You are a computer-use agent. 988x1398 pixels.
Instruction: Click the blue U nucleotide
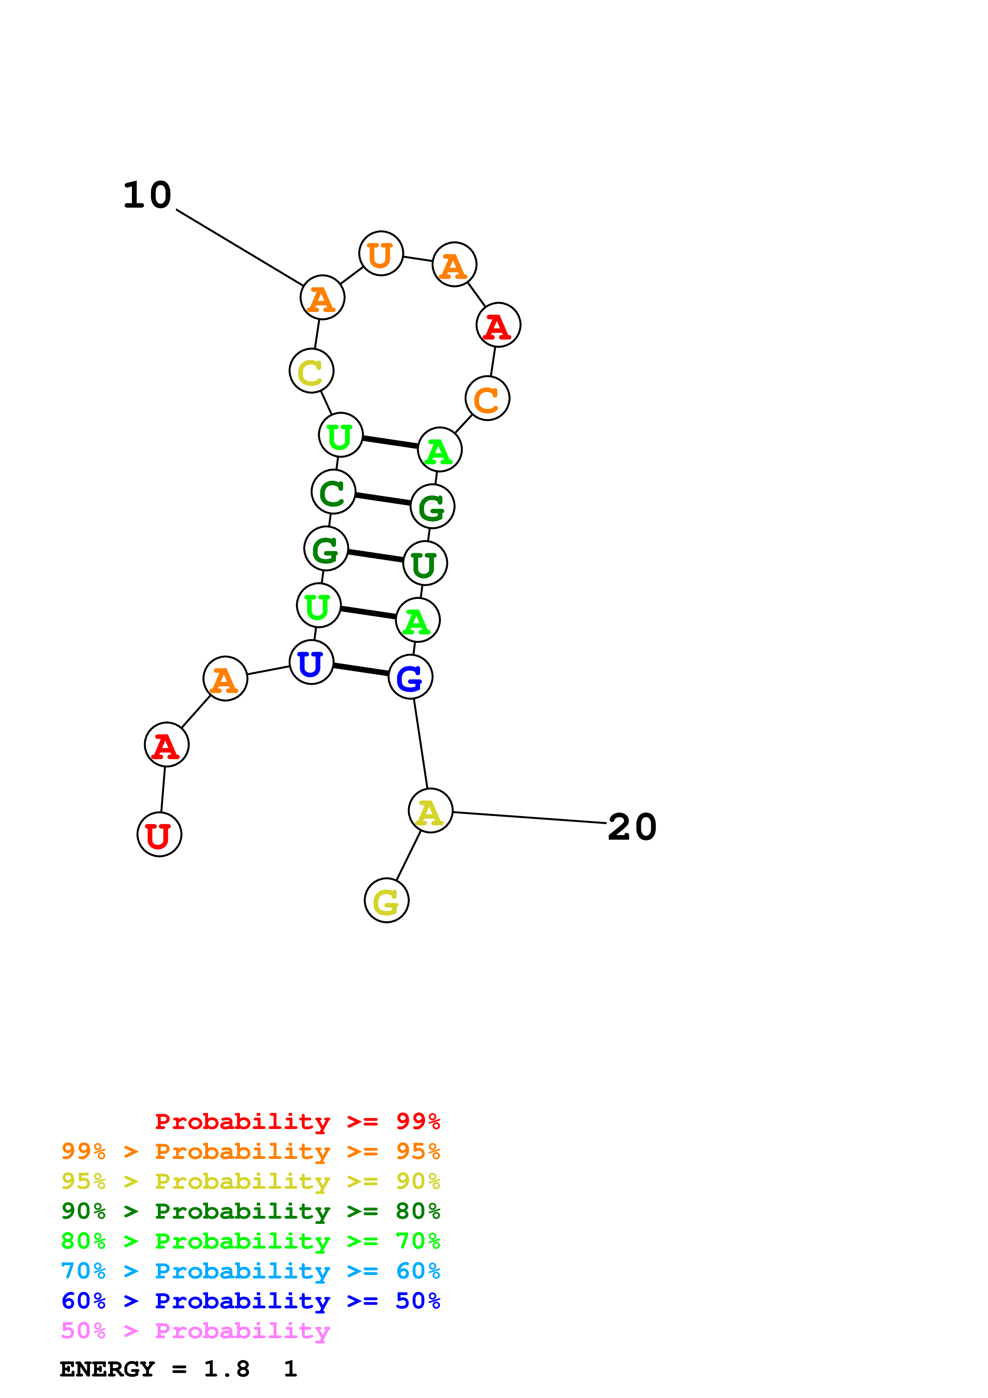(311, 662)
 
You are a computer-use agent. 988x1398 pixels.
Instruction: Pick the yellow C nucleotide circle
(311, 371)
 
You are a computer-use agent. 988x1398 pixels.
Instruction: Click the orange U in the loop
(381, 253)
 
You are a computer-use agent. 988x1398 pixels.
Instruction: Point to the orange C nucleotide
(487, 398)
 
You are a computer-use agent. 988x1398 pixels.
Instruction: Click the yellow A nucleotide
(430, 811)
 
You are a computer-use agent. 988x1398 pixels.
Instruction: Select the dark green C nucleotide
(333, 491)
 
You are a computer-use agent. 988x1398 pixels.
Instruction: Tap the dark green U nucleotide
(425, 563)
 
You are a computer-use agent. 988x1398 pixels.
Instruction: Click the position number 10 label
(147, 195)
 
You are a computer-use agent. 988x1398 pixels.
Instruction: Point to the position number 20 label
(632, 827)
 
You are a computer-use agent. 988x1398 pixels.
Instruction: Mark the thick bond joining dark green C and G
(383, 499)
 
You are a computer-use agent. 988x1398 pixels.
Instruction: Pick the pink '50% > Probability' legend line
(195, 1330)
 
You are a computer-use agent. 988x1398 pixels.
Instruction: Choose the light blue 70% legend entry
(250, 1271)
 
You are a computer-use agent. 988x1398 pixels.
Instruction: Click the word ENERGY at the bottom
(107, 1369)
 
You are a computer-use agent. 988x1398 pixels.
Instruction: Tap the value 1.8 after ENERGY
(226, 1369)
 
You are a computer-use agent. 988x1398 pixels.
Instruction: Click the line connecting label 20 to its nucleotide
(530, 818)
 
